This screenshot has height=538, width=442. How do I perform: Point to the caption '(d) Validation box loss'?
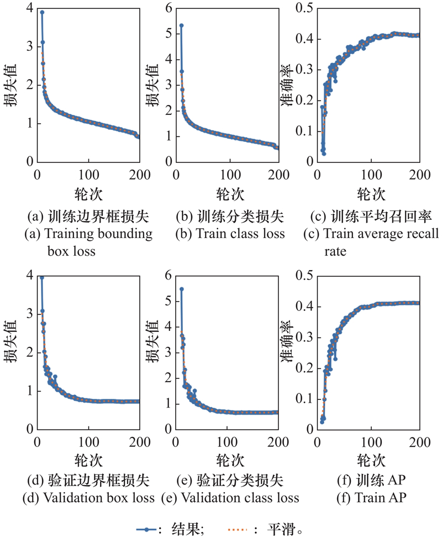[88, 498]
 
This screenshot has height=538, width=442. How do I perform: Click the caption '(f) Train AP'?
[371, 498]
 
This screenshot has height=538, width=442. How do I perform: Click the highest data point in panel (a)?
[42, 12]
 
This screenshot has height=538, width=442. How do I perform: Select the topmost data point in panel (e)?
[181, 289]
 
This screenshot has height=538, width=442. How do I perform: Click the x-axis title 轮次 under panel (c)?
[371, 194]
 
